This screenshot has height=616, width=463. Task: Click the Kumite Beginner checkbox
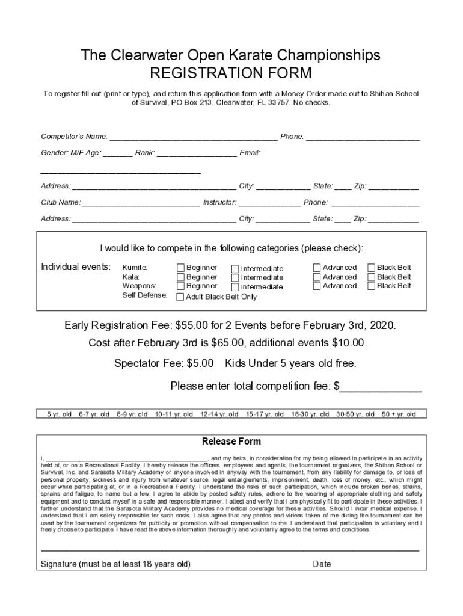click(180, 268)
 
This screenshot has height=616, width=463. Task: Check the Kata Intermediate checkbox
click(235, 278)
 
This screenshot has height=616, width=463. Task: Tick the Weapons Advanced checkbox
click(317, 286)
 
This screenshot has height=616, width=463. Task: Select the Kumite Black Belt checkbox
click(371, 268)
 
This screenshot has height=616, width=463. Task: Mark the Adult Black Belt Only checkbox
click(180, 297)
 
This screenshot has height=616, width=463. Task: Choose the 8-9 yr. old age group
click(132, 414)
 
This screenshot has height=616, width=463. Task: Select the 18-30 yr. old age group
click(310, 414)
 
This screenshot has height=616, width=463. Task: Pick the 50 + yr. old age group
click(399, 414)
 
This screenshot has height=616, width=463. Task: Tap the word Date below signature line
click(322, 564)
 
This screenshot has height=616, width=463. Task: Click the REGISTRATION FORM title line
click(231, 73)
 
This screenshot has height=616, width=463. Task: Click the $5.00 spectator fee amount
click(200, 364)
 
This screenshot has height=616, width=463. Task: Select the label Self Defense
click(145, 295)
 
